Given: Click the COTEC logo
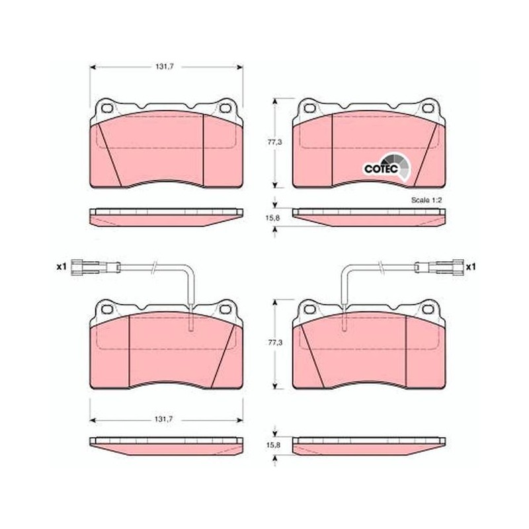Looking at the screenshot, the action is [x=386, y=167].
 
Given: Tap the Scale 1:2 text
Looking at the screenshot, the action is [x=427, y=200].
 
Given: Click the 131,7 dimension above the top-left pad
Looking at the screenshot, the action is [x=164, y=67].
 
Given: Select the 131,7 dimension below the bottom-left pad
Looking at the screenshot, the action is [x=163, y=419].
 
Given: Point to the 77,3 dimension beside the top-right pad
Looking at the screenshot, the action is [x=274, y=142].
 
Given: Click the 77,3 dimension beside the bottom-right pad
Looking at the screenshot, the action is [x=275, y=343].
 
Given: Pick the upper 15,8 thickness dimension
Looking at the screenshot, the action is [x=272, y=218].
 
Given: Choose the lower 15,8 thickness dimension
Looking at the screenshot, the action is [x=273, y=445].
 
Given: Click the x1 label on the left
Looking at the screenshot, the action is [x=61, y=267].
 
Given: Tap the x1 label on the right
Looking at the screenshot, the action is [x=471, y=267].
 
